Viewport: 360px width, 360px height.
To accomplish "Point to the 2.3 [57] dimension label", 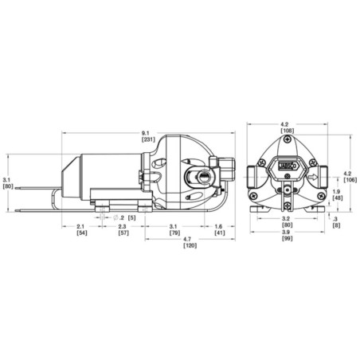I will (x=124, y=233).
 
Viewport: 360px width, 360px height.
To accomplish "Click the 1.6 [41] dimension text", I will (x=219, y=233).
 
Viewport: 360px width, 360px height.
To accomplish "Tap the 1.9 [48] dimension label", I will (x=337, y=195).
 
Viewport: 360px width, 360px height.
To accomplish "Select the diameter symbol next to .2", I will (x=116, y=217).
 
